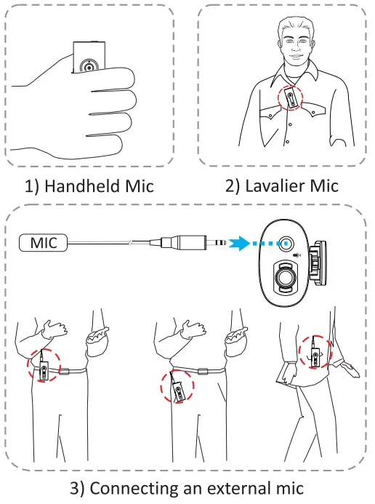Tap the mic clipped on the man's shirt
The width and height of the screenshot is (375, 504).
pyautogui.click(x=289, y=99)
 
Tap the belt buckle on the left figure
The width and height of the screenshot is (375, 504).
pyautogui.click(x=64, y=374)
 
